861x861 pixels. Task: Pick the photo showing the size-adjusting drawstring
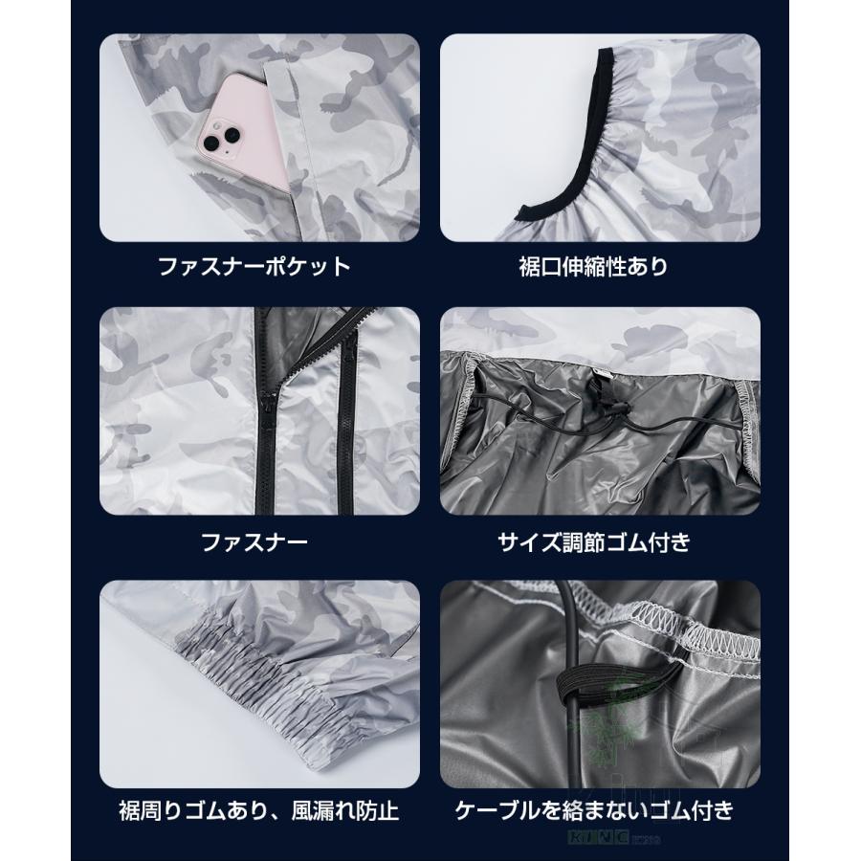coord(601,411)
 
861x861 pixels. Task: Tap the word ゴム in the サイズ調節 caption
coord(633,542)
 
